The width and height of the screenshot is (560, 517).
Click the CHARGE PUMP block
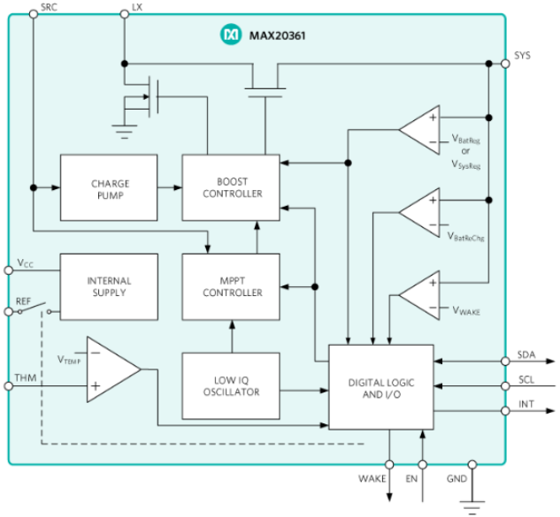pyautogui.click(x=109, y=187)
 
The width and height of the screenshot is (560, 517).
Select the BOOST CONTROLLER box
pyautogui.click(x=231, y=187)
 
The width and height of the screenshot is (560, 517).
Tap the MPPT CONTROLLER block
pyautogui.click(x=231, y=287)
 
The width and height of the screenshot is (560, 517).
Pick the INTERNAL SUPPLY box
pyautogui.click(x=109, y=287)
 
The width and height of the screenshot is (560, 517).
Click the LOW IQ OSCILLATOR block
pyautogui.click(x=231, y=386)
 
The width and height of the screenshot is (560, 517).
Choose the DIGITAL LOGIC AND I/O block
pyautogui.click(x=381, y=387)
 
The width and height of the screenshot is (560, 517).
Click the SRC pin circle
pyautogui.click(x=34, y=14)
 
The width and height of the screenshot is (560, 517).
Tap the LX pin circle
pyautogui.click(x=124, y=14)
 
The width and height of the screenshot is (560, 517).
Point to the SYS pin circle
pyautogui.click(x=505, y=64)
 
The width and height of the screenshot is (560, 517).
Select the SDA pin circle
pyautogui.click(x=505, y=361)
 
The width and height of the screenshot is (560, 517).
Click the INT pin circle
pyautogui.click(x=505, y=411)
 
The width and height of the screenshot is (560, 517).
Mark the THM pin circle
pyautogui.click(x=9, y=386)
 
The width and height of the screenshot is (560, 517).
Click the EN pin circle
pyautogui.click(x=423, y=465)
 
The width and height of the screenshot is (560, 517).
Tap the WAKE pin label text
pyautogui.click(x=372, y=478)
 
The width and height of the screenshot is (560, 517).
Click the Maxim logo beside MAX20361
pyautogui.click(x=230, y=34)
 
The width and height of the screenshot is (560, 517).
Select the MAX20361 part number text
pyautogui.click(x=277, y=35)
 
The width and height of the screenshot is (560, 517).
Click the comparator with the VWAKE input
pyautogui.click(x=419, y=295)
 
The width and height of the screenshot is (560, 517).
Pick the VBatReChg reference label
pyautogui.click(x=466, y=237)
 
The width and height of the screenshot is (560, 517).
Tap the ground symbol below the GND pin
pyautogui.click(x=472, y=507)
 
